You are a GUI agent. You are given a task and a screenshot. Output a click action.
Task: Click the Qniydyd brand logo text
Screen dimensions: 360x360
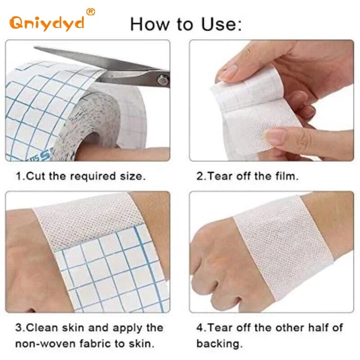pos(47,22)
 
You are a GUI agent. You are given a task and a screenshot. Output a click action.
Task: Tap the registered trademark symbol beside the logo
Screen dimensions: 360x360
pos(90,12)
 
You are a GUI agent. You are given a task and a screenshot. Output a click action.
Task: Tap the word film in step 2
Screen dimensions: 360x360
pos(286,176)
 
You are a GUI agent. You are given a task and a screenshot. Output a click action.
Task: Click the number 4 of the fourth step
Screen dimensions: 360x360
pos(199,327)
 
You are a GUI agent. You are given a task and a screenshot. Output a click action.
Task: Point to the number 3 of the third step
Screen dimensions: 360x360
pos(18,327)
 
